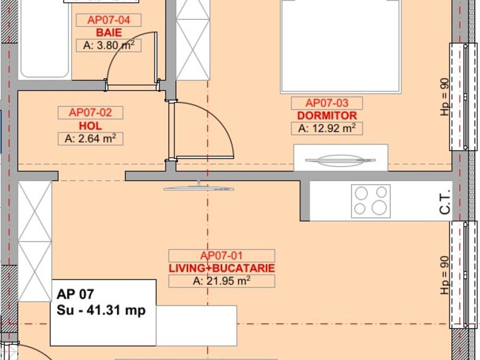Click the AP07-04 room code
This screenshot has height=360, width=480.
click(x=109, y=20)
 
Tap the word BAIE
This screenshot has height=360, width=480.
click(x=109, y=32)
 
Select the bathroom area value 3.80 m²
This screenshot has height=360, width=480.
click(x=109, y=46)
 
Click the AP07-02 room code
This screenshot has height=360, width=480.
click(x=91, y=112)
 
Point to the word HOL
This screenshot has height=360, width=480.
click(x=91, y=126)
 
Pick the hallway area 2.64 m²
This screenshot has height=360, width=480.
click(x=91, y=139)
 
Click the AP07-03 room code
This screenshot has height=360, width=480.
click(x=327, y=103)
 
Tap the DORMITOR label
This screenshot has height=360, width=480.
click(x=327, y=115)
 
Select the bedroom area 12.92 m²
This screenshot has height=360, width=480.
click(x=327, y=128)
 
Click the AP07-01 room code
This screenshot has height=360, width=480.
click(x=221, y=256)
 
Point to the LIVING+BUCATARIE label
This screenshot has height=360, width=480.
click(x=221, y=268)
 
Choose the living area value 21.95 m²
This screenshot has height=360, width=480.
click(x=221, y=281)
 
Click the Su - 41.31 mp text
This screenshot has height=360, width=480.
click(x=101, y=310)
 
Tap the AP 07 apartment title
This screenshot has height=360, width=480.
click(x=76, y=294)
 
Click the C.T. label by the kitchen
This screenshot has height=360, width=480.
click(x=445, y=202)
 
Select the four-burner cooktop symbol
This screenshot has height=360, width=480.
click(x=371, y=201)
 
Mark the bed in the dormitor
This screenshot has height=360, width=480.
click(x=340, y=46)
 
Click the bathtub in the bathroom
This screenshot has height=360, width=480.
click(x=44, y=38)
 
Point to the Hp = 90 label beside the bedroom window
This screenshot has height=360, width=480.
click(x=445, y=97)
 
